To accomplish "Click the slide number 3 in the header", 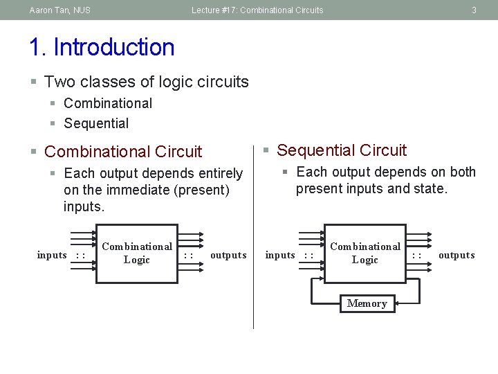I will pyautogui.click(x=474, y=10).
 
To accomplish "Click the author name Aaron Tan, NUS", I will pyautogui.click(x=59, y=10).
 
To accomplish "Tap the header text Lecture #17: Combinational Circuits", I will pyautogui.click(x=257, y=10).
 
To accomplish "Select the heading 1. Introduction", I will pyautogui.click(x=102, y=47).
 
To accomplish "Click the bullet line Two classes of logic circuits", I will pyautogui.click(x=146, y=82).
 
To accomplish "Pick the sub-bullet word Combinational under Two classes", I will pyautogui.click(x=108, y=103).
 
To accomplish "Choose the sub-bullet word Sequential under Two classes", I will pyautogui.click(x=96, y=123).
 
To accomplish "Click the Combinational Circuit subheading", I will pyautogui.click(x=123, y=152).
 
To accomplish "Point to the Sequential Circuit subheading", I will pyautogui.click(x=342, y=150).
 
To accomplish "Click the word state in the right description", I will pyautogui.click(x=429, y=188).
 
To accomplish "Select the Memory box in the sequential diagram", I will pyautogui.click(x=367, y=303).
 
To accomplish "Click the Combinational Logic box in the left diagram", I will pyautogui.click(x=136, y=253).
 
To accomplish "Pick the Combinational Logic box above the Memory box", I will pyautogui.click(x=365, y=253).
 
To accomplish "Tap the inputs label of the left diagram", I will pyautogui.click(x=52, y=255).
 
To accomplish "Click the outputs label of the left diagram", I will pyautogui.click(x=228, y=255).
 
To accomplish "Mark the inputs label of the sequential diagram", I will pyautogui.click(x=280, y=255).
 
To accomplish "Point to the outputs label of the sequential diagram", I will pyautogui.click(x=456, y=255).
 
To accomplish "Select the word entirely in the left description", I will pyautogui.click(x=220, y=173).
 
